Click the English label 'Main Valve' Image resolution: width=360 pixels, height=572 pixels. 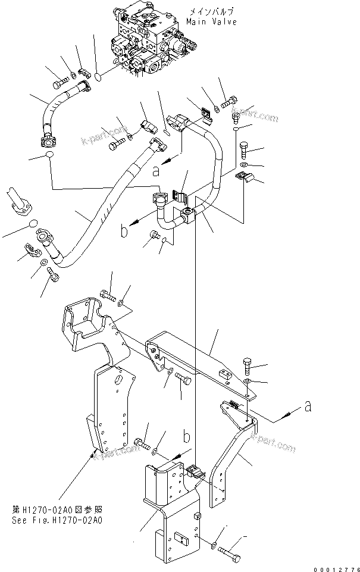coord(211,22)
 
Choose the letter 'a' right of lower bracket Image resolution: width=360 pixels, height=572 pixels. coord(308,407)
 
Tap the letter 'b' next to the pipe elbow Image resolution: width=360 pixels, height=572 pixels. coord(124,231)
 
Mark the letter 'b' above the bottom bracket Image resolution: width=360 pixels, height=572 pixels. coord(186,437)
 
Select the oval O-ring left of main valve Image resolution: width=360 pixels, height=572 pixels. coord(100,76)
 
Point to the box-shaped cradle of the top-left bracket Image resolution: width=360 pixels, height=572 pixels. coord(85,321)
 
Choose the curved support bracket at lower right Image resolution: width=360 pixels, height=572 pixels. coord(235,452)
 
